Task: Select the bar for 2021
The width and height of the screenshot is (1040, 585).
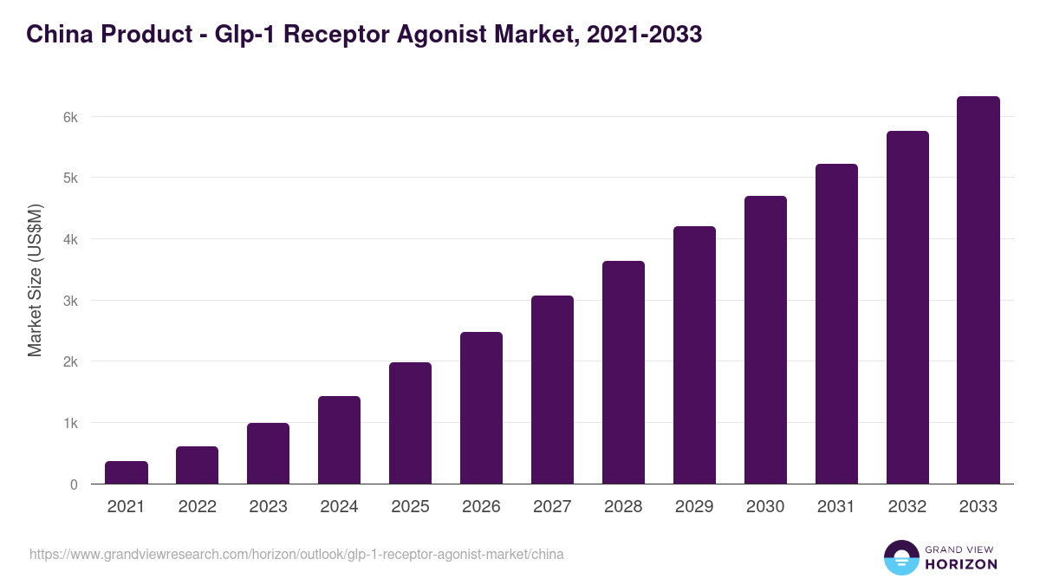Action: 127,472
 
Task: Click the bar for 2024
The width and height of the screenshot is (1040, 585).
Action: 339,440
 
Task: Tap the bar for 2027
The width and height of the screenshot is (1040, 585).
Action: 552,390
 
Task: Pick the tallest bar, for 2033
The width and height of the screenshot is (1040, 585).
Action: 978,290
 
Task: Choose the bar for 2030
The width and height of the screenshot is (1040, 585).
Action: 765,340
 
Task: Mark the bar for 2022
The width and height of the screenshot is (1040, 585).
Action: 198,465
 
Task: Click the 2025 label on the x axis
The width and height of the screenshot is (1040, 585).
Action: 410,507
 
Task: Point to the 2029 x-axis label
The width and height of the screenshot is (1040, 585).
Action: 694,507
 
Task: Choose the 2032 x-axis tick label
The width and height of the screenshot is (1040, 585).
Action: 907,507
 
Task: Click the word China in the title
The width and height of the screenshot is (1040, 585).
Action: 57,35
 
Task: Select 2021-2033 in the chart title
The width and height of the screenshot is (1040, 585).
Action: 644,35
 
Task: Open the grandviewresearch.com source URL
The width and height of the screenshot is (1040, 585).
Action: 296,554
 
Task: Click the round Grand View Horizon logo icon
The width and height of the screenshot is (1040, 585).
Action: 900,557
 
